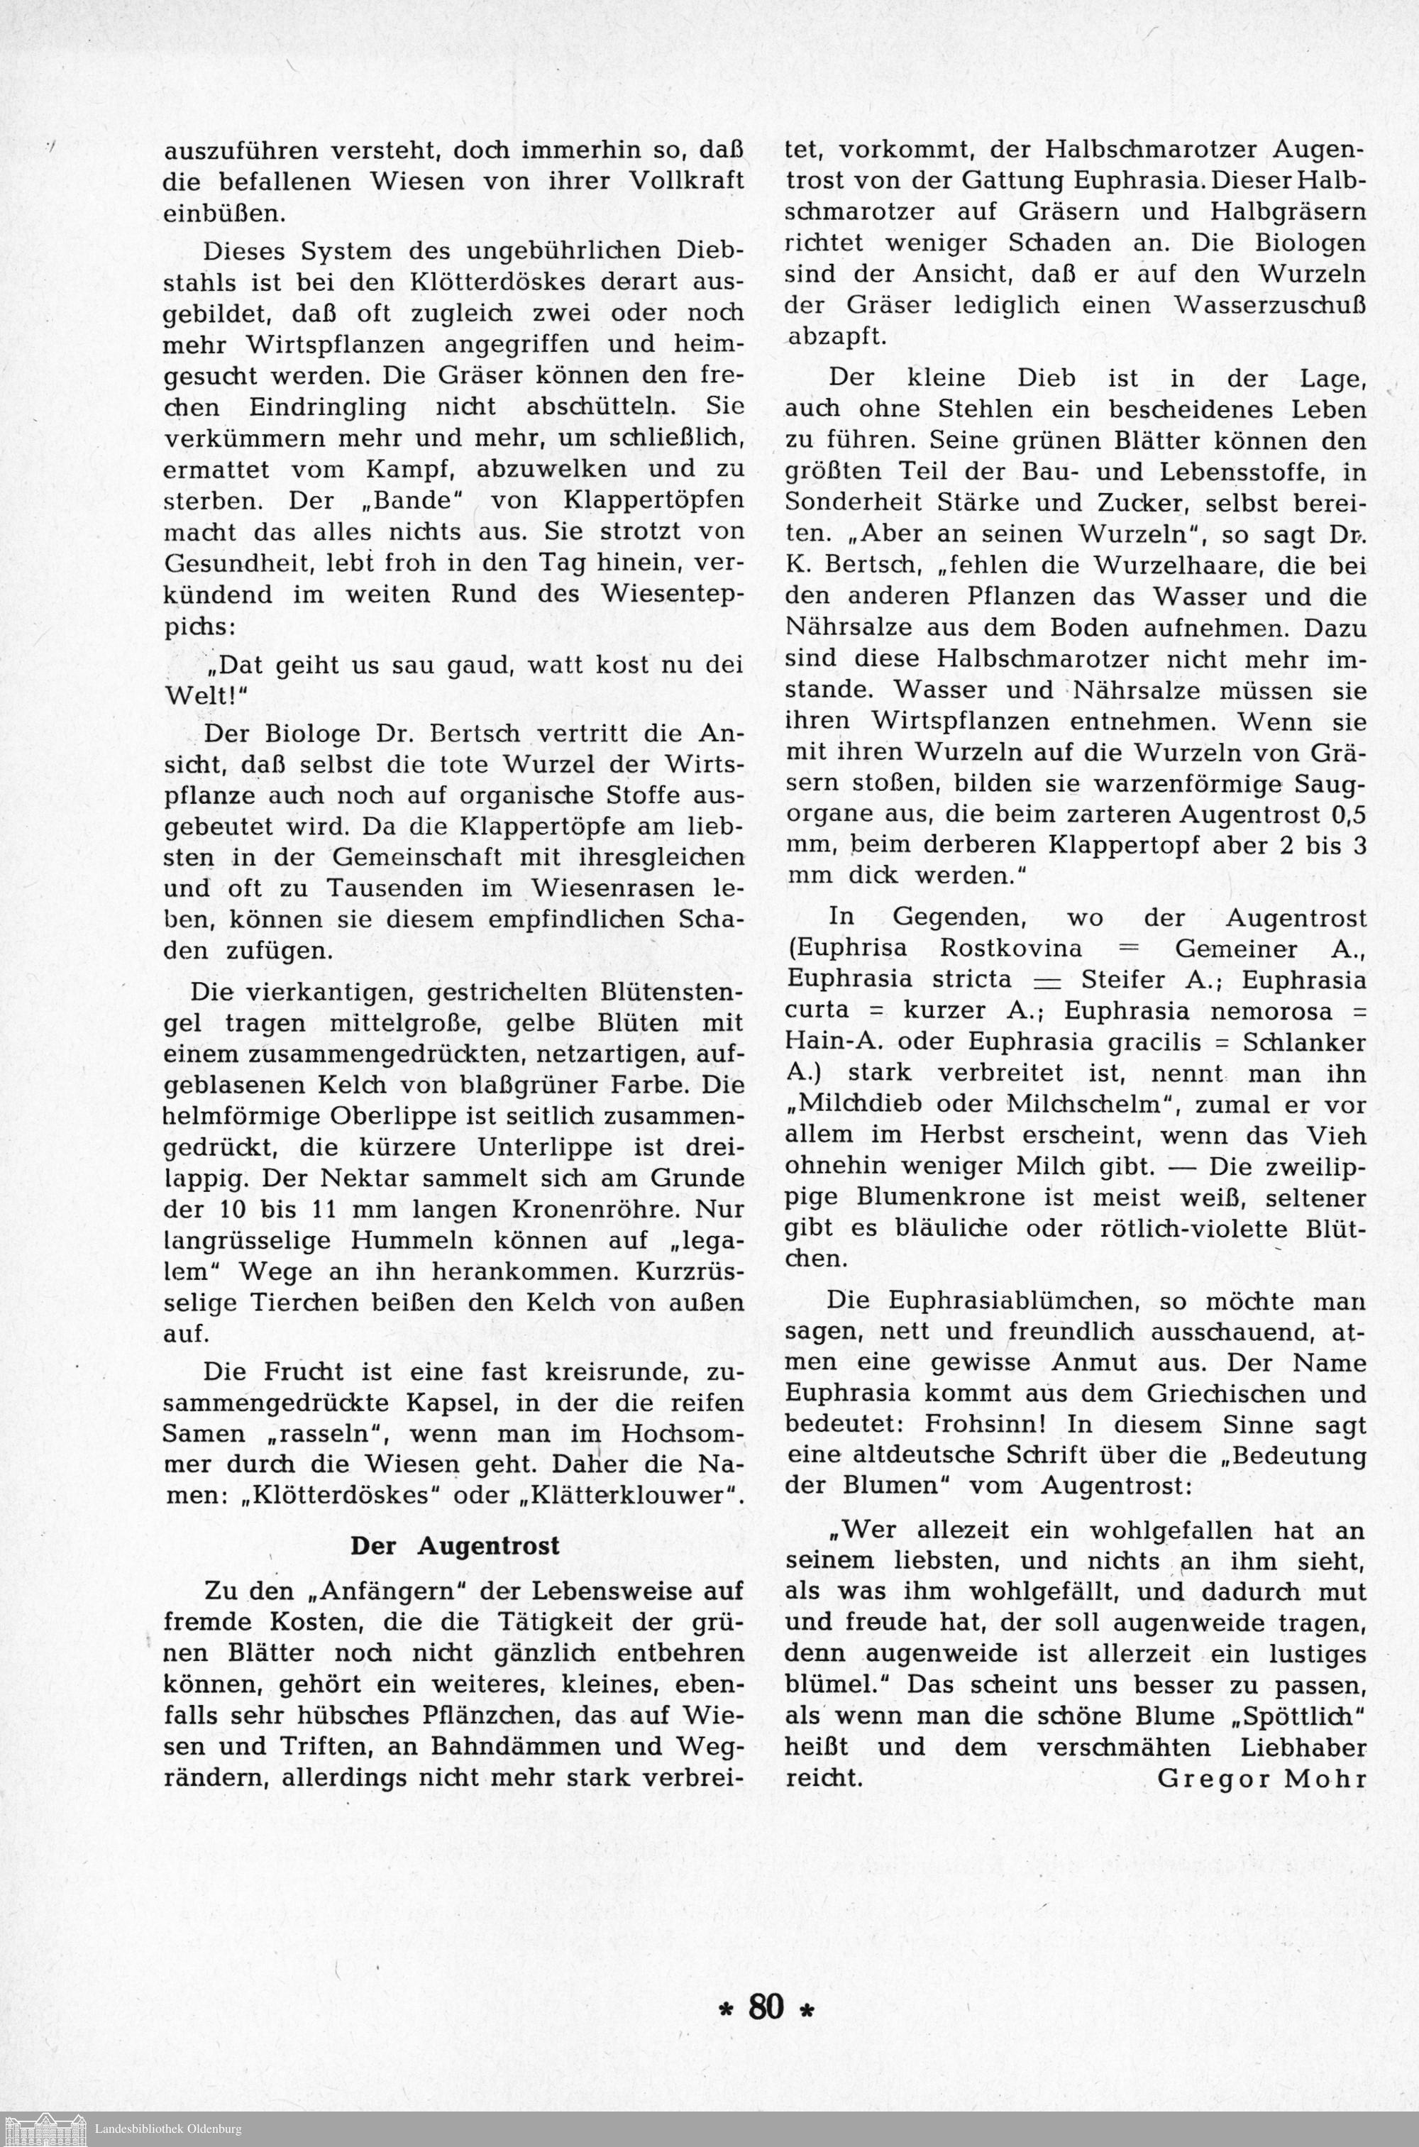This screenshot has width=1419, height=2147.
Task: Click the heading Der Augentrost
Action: pyautogui.click(x=455, y=1545)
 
